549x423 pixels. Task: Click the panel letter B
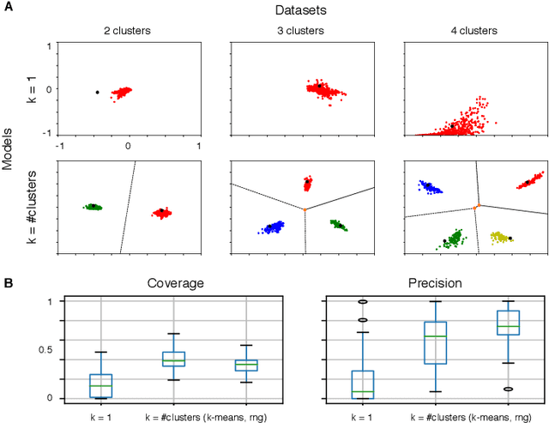coord(7,281)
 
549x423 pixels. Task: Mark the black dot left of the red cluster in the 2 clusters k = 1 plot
coord(98,92)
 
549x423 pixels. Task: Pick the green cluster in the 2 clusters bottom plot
coord(92,207)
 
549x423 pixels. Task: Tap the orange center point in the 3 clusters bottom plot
coord(305,209)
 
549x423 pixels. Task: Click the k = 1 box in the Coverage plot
coord(101,385)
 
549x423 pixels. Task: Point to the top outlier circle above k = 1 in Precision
coord(363,302)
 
